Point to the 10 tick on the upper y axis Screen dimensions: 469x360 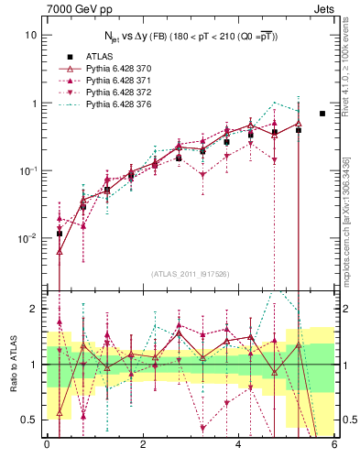(31, 36)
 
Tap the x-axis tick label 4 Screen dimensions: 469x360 (238, 445)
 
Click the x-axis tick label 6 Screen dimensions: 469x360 (334, 445)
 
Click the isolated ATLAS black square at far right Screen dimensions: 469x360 (322, 114)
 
